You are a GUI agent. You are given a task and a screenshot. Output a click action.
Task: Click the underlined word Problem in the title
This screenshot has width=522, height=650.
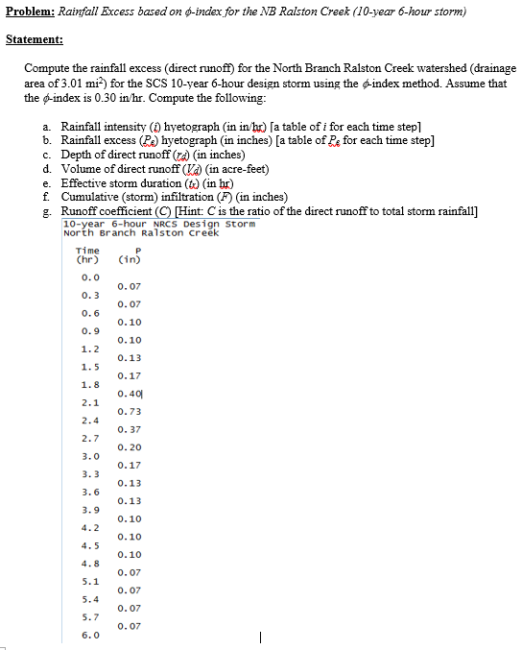pos(29,12)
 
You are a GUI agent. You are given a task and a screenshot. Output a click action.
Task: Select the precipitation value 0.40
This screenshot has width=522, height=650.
pos(128,394)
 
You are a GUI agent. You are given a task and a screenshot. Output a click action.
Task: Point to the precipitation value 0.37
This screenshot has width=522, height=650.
pos(128,429)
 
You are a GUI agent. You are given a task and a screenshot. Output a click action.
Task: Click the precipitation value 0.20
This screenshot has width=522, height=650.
pos(128,447)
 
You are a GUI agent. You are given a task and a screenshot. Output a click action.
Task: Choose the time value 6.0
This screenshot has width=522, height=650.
pos(90,636)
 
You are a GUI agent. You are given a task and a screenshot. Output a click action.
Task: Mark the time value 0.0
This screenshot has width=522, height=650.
pos(90,277)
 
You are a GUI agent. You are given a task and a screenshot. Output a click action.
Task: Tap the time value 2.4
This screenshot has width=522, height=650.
pos(90,420)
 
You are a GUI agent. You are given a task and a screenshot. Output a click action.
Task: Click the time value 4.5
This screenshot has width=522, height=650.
pos(90,545)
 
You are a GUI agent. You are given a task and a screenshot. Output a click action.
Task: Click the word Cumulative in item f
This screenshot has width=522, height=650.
pos(99,197)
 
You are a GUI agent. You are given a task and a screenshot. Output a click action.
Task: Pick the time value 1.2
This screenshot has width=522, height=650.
pos(90,349)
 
